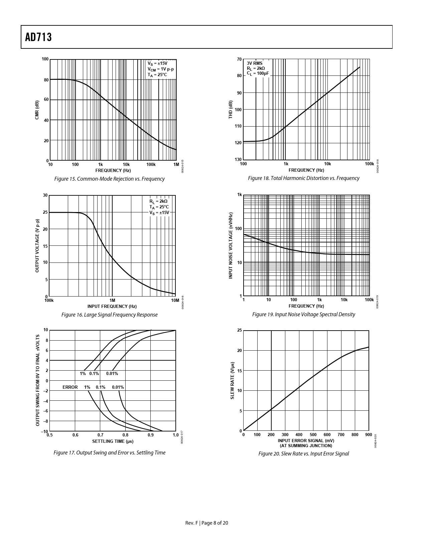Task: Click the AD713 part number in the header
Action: point(38,37)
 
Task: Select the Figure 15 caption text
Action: point(109,179)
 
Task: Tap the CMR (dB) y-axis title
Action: point(37,110)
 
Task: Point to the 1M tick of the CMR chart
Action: point(176,165)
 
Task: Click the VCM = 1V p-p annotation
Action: point(161,69)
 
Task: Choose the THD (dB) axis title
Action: point(230,110)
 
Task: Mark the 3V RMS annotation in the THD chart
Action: point(255,63)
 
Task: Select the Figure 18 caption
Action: point(303,178)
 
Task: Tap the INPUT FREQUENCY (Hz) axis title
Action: point(112,306)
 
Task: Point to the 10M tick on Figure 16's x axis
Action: point(175,301)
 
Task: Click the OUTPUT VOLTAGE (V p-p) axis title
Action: point(37,245)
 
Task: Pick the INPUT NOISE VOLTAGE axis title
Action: point(230,245)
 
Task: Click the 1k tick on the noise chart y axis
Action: point(239,195)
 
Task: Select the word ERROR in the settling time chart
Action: point(70,387)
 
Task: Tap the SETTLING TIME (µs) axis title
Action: point(113,441)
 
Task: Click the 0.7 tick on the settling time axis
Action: point(101,435)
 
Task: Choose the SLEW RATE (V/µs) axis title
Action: point(232,380)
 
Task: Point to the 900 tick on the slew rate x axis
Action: point(369,435)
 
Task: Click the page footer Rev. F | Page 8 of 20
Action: point(207,523)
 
